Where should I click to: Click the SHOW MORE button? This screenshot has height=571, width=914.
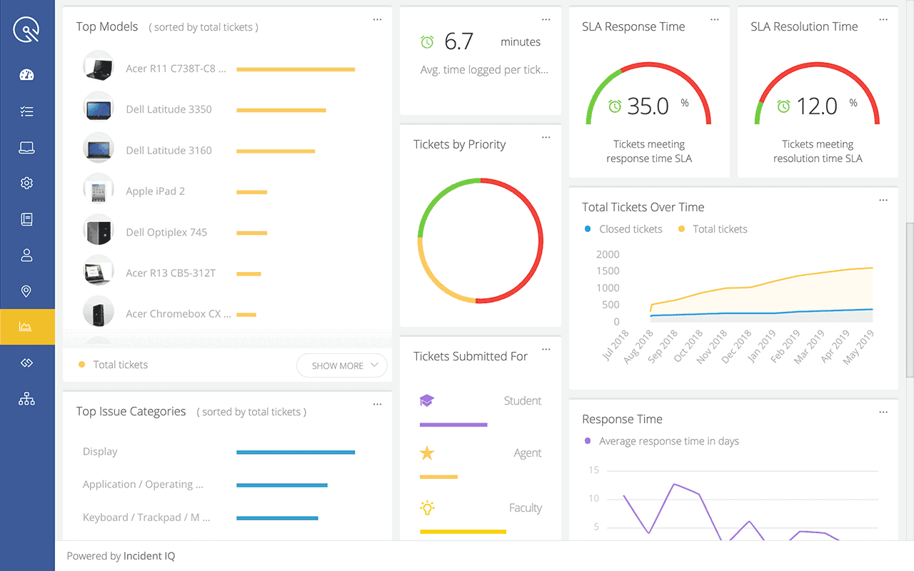(x=341, y=365)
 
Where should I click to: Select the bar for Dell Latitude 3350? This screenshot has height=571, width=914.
(x=281, y=110)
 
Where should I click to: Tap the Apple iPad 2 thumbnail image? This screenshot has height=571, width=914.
(x=98, y=191)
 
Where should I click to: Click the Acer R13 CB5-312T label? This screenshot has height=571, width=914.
(x=171, y=273)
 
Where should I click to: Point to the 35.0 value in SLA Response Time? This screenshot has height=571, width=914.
(x=648, y=106)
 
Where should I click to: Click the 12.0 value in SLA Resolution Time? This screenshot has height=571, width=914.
(x=816, y=106)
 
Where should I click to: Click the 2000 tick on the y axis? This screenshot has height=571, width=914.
(x=608, y=254)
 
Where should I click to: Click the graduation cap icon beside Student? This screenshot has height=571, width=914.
(x=427, y=400)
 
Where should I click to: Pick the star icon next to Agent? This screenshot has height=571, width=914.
(x=427, y=453)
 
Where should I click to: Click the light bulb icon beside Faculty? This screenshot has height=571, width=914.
(x=427, y=507)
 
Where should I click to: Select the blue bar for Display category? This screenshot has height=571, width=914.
(x=295, y=452)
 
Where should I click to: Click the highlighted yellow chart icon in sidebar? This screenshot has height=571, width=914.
(x=26, y=327)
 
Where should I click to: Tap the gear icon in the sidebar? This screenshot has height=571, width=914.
(x=26, y=183)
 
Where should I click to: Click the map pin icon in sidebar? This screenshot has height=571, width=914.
(x=26, y=291)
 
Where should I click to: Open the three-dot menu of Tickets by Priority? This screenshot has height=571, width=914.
(x=546, y=137)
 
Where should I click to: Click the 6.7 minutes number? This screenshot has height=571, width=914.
(x=458, y=42)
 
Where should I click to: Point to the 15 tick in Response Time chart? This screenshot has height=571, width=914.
(x=593, y=470)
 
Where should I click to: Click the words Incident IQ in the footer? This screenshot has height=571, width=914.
(x=149, y=556)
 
